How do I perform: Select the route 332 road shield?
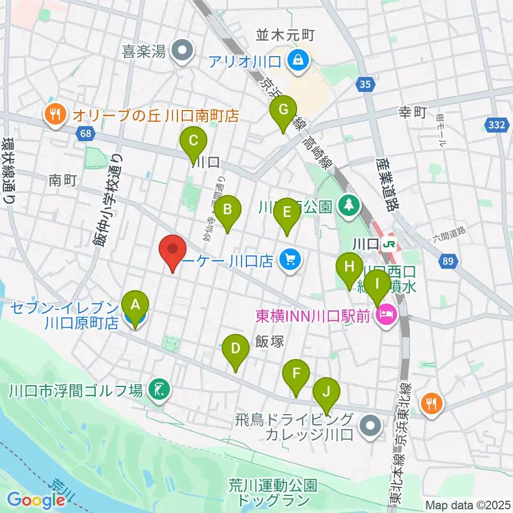click(496, 125)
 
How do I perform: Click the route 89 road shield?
click(448, 261)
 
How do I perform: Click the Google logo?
click(36, 500)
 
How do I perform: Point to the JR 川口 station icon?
click(389, 244)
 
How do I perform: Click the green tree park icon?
click(349, 205)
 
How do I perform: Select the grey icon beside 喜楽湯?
click(182, 52)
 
